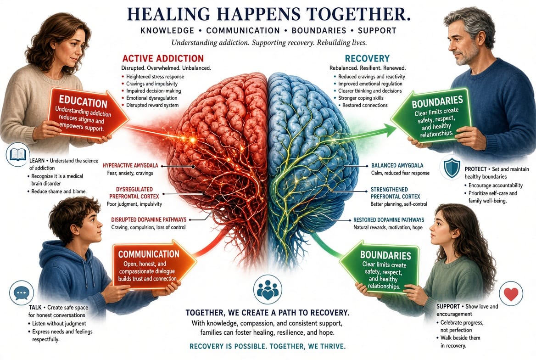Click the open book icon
[x=18, y=155]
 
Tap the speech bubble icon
[x=22, y=293]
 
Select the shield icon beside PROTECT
[x=452, y=168]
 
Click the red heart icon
[x=511, y=293]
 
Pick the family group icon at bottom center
[x=268, y=289]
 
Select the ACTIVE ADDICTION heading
[x=163, y=58]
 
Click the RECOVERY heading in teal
[x=367, y=58]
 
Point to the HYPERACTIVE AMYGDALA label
[x=130, y=166]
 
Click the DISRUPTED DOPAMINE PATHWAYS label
[x=149, y=219]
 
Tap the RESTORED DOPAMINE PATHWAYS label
[x=389, y=219]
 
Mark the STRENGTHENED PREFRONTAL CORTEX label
[x=395, y=193]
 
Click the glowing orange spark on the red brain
[x=192, y=139]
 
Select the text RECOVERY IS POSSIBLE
[x=228, y=346]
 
